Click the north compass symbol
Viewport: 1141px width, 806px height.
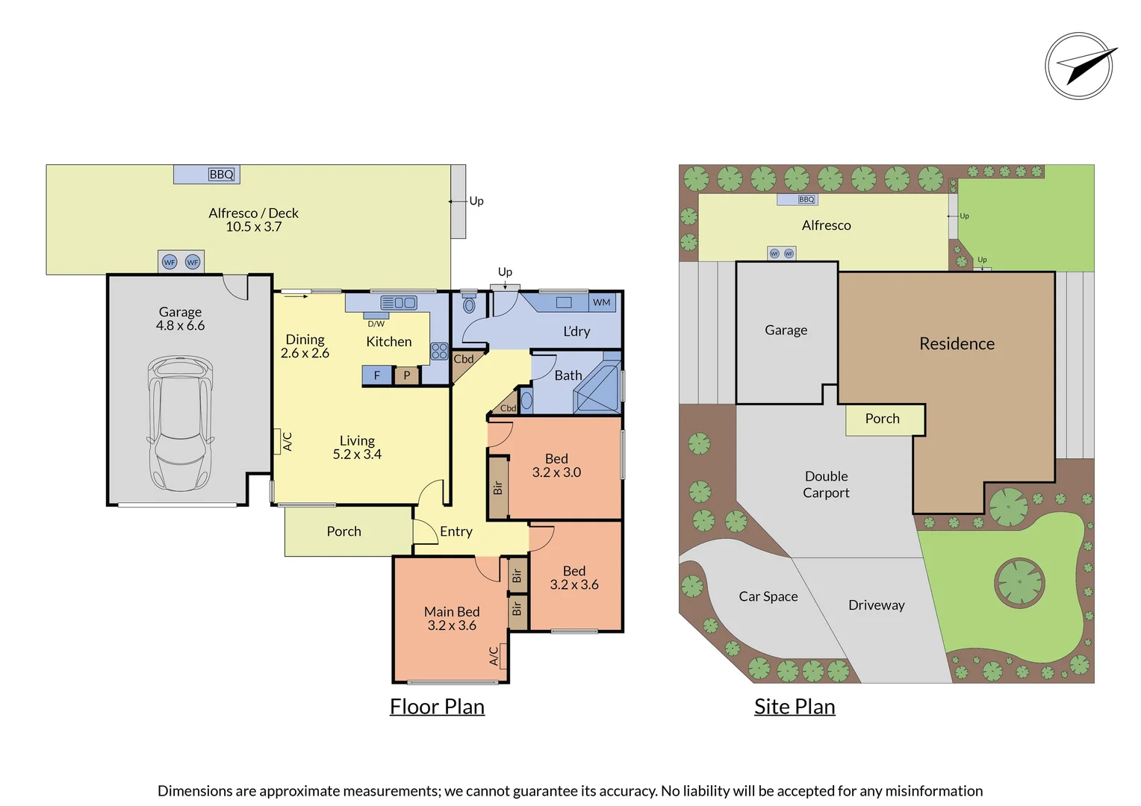1080,66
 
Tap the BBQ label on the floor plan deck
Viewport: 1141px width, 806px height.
221,175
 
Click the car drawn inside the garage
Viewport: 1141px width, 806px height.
181,423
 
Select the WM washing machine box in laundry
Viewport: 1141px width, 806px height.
602,302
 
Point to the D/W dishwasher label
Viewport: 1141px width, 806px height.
376,324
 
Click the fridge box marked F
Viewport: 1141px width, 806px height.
377,375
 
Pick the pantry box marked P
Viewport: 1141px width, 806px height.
407,375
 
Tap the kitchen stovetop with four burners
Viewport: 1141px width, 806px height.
439,351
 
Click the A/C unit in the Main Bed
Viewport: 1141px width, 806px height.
494,655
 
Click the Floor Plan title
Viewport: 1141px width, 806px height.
437,707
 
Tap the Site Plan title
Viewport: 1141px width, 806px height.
795,707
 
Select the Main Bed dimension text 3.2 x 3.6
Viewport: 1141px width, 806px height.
452,626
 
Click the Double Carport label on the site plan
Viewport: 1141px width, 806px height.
826,484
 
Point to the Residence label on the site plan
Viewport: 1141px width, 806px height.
957,344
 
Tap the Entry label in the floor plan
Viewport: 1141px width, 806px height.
456,531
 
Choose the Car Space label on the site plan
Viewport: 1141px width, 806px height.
768,596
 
